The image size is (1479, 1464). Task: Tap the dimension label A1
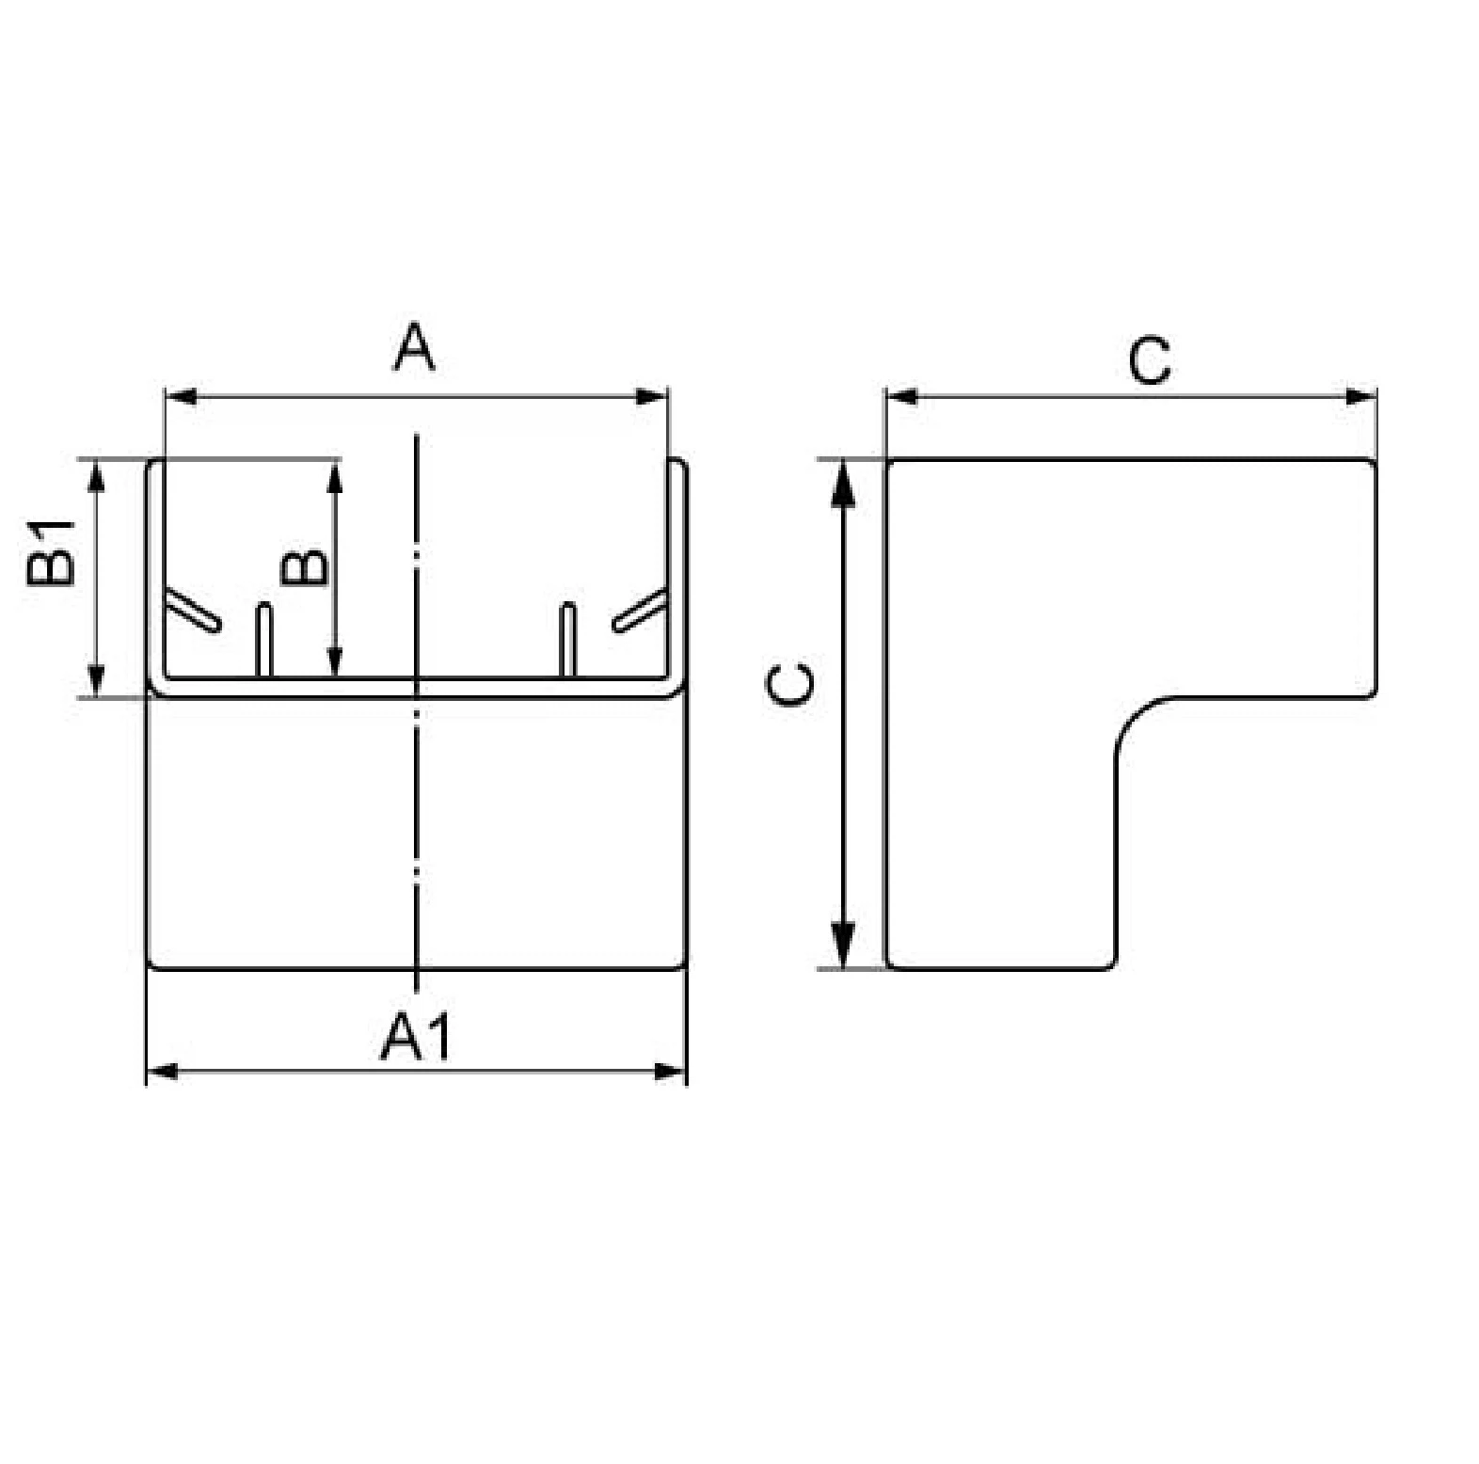(x=416, y=1036)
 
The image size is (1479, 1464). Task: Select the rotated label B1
(x=50, y=552)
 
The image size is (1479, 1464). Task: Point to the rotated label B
(x=305, y=566)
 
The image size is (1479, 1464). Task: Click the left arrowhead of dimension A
(x=181, y=396)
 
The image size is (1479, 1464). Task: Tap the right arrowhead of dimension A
(x=652, y=396)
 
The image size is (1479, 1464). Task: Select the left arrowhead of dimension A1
(x=164, y=1072)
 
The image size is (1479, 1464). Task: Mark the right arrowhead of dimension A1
(x=670, y=1072)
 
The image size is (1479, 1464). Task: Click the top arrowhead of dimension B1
(x=95, y=476)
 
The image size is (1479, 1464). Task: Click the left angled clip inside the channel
(x=193, y=611)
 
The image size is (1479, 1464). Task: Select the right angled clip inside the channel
(x=641, y=611)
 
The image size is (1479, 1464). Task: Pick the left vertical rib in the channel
(x=264, y=639)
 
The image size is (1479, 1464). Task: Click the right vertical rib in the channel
(x=567, y=639)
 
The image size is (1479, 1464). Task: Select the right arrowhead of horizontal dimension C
(x=1360, y=396)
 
